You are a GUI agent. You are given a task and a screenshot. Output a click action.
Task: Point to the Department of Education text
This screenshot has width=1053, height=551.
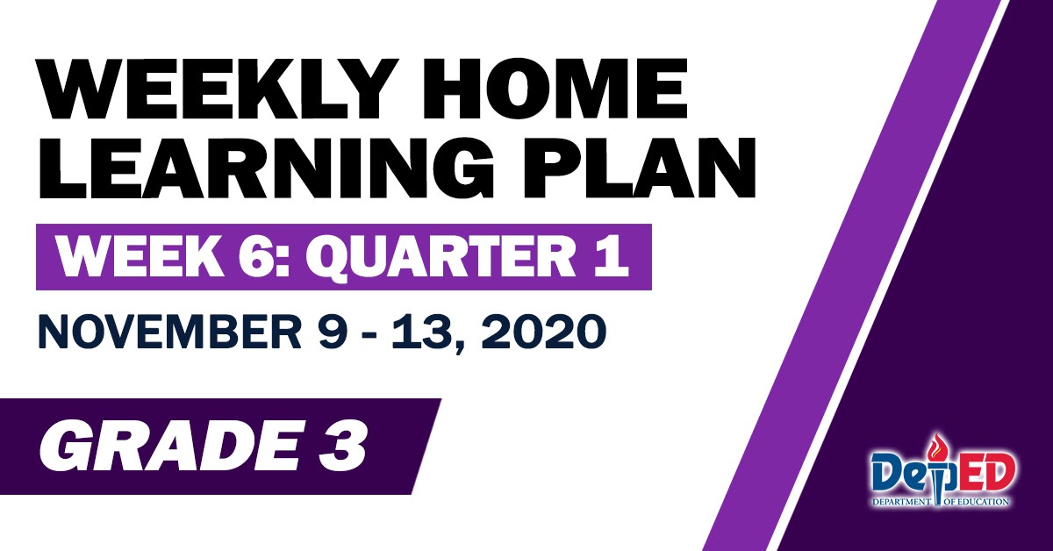tap(939, 503)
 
